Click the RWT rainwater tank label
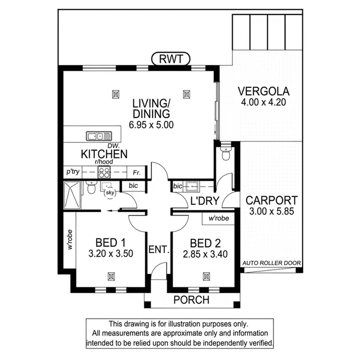170,60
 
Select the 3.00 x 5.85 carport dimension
271,211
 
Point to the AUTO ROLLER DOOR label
272,263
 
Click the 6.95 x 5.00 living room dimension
151,124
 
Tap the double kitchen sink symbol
98,136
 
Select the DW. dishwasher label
113,145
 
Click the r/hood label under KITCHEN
104,163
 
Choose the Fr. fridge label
137,171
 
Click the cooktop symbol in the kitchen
103,171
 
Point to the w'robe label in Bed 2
218,218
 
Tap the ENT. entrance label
159,250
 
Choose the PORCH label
192,300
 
